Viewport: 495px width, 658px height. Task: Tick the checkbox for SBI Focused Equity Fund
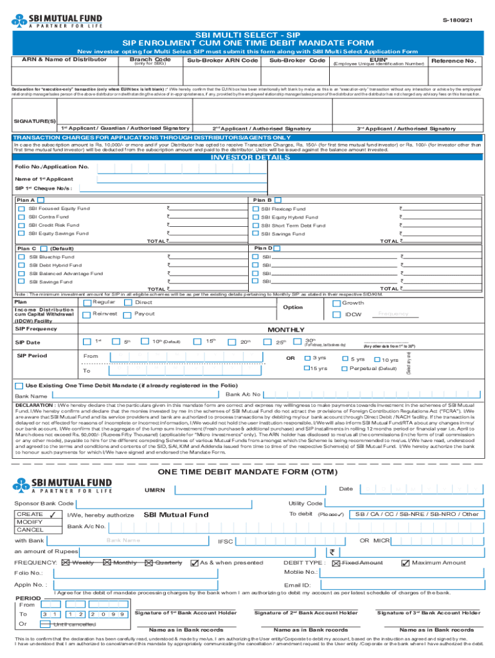point(22,209)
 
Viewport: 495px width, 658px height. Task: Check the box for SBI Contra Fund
point(22,217)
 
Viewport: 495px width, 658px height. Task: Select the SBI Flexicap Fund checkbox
point(255,209)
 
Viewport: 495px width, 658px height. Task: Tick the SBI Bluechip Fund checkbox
point(22,257)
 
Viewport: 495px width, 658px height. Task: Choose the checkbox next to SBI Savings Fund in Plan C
point(22,281)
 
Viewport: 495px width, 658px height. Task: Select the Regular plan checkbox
point(86,303)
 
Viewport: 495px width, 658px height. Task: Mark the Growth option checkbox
point(336,303)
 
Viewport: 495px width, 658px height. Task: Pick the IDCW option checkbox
point(336,314)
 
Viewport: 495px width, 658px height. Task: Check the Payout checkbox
point(128,314)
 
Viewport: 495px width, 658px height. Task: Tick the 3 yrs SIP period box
point(307,358)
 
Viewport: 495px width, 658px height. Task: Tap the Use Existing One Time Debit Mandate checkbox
point(19,386)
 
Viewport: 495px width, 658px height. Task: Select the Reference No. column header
point(454,61)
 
